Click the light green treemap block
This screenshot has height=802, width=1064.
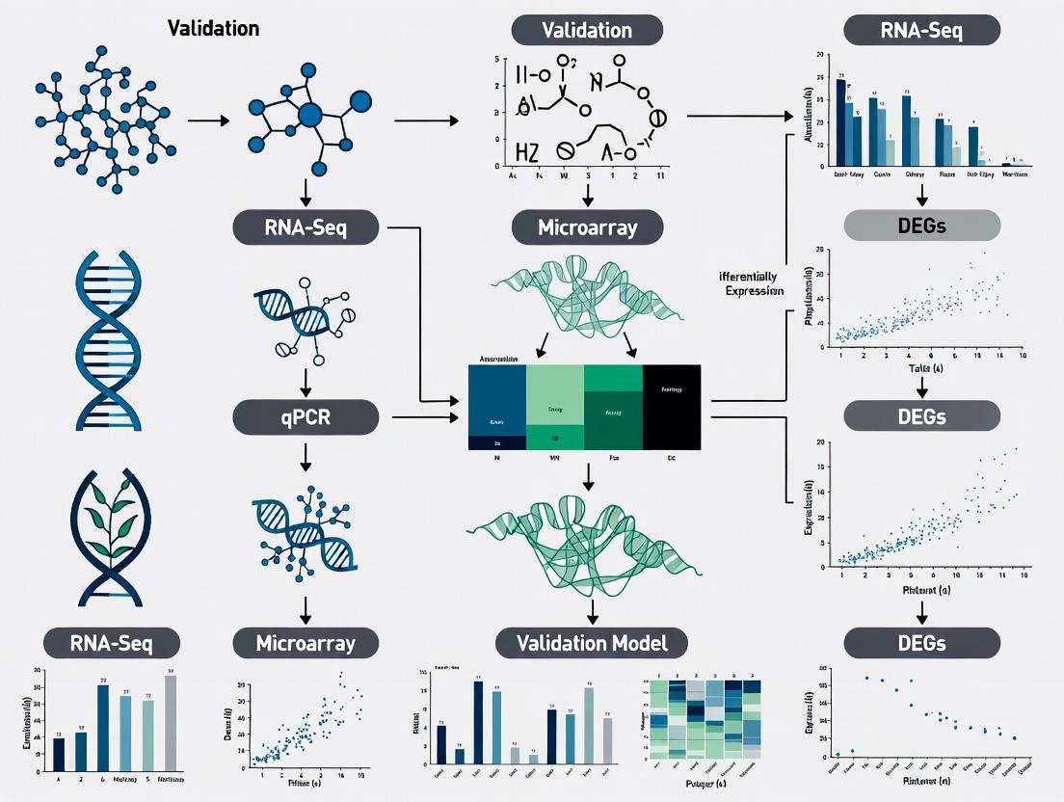pos(554,395)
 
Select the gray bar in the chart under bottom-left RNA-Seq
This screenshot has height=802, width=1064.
pos(171,718)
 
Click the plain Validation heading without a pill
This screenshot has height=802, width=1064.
pos(213,28)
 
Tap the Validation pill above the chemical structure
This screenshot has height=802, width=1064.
pos(587,29)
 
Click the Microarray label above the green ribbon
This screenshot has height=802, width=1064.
pos(587,228)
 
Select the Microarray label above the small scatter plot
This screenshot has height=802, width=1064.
pos(306,643)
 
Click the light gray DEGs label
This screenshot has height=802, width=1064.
pos(922,226)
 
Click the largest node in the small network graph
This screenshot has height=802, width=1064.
pos(309,116)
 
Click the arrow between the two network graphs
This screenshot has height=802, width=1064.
pos(208,121)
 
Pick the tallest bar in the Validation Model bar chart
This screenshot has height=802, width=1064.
pos(478,722)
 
